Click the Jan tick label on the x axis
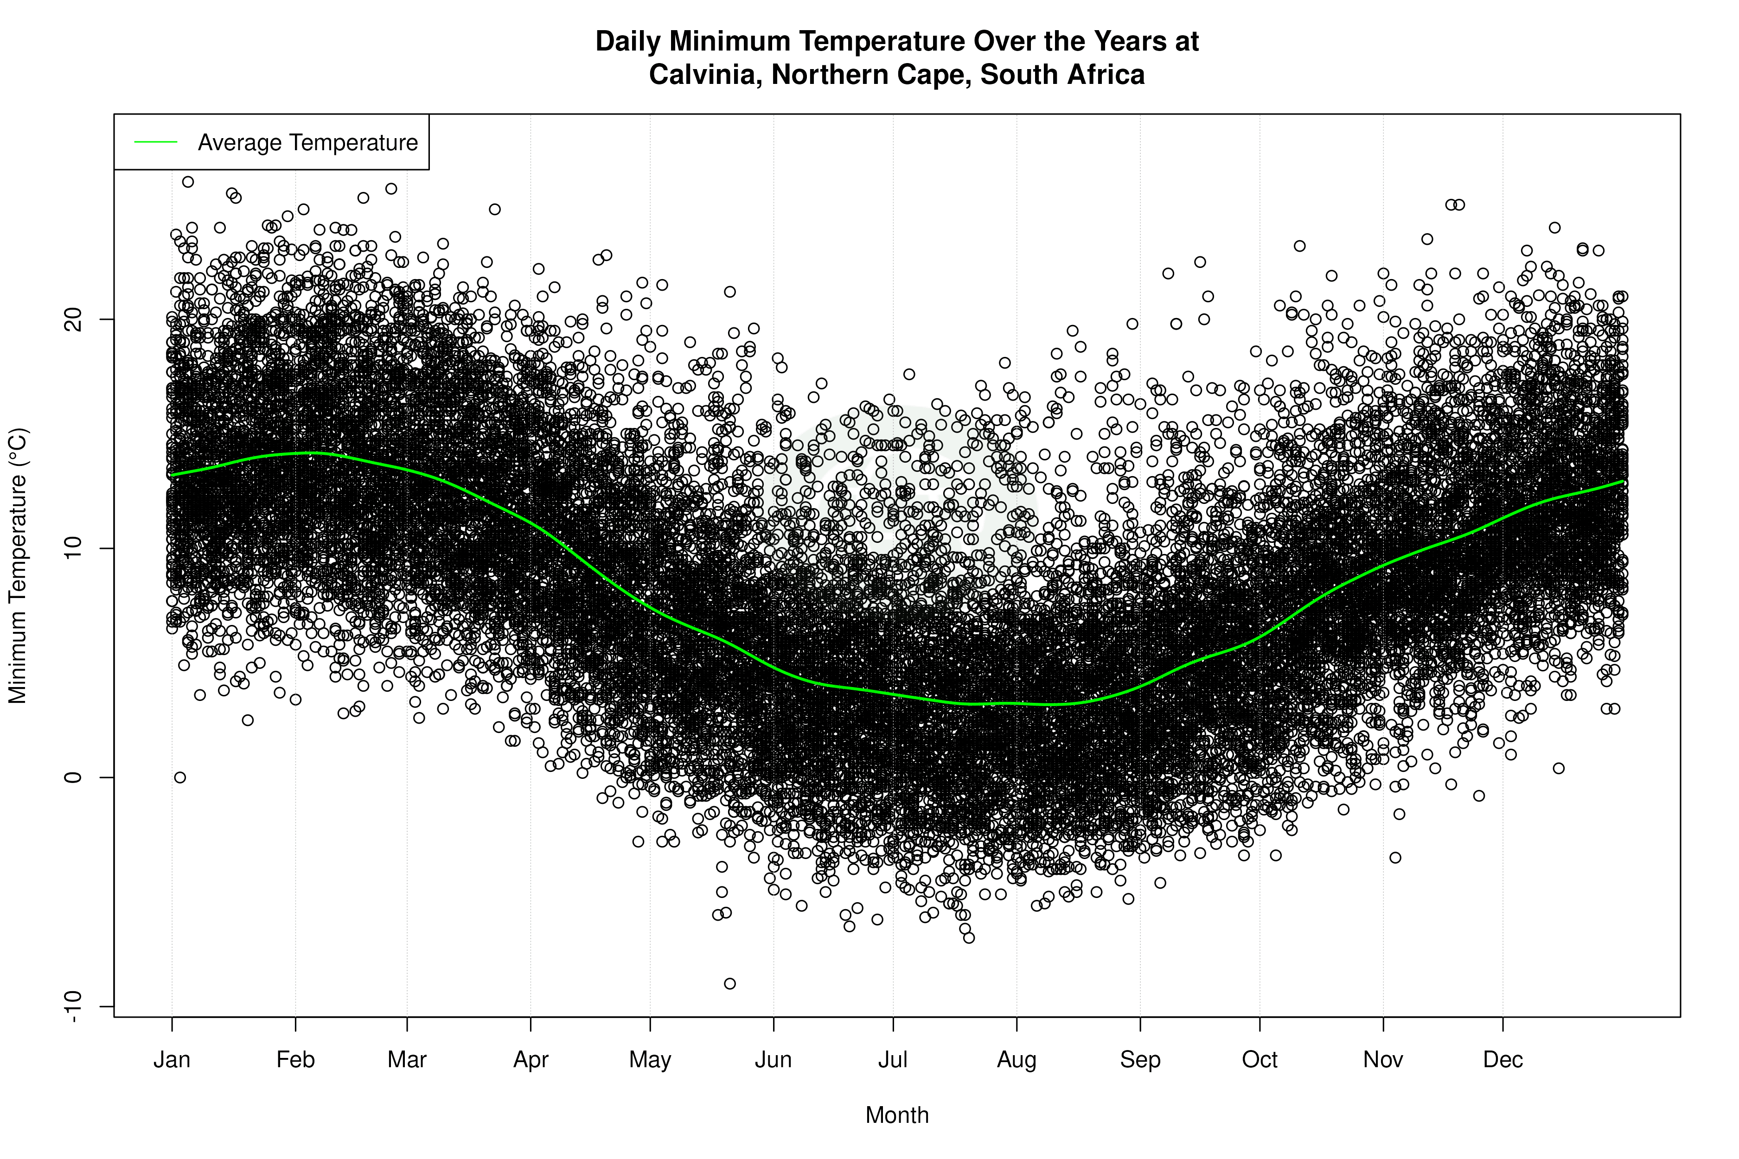point(172,1060)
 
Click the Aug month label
point(1016,1060)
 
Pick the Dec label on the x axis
point(1502,1060)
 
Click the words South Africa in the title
point(1062,75)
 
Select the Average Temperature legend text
point(307,143)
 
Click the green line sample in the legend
point(156,142)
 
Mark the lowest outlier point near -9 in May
point(730,984)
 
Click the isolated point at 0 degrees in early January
point(179,777)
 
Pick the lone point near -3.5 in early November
point(1395,857)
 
